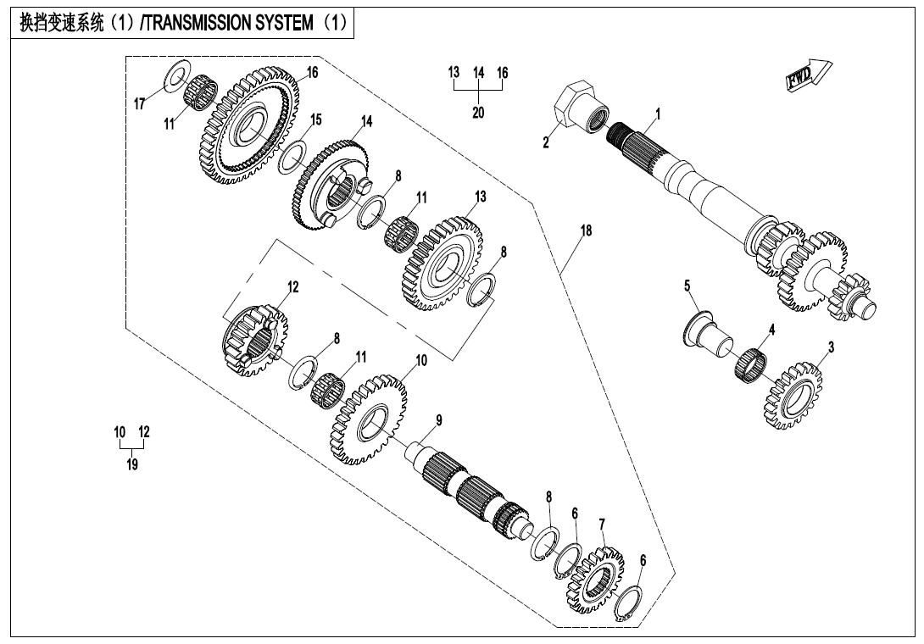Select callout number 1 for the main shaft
(x=658, y=114)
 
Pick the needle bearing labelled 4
(x=751, y=364)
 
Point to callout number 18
(x=586, y=230)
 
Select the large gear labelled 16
(x=252, y=127)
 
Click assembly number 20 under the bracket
(x=478, y=113)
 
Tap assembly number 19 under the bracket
(x=132, y=464)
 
